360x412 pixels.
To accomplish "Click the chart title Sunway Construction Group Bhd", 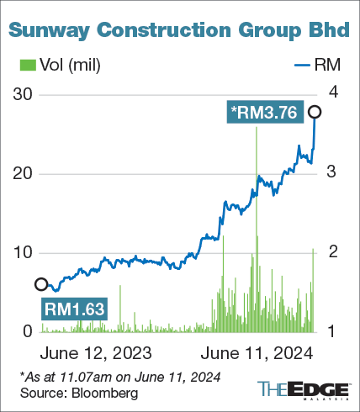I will point(179,30).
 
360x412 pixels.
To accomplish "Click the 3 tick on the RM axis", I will point(332,172).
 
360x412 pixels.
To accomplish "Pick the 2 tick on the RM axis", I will point(332,251).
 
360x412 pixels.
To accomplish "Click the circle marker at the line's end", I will point(315,112).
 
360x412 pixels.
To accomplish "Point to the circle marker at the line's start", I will point(41,284).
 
